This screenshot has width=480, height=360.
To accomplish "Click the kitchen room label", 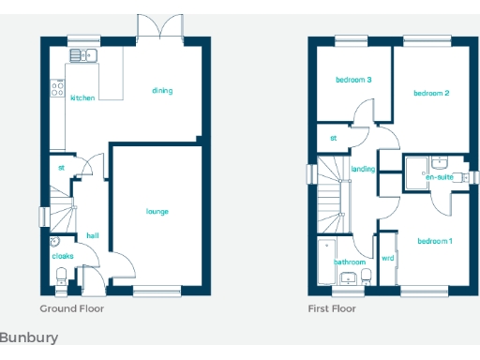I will [82, 97].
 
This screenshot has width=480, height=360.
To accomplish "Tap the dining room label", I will [162, 91].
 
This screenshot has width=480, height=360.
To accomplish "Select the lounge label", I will [157, 212].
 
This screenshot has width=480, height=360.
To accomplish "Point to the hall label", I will [92, 235].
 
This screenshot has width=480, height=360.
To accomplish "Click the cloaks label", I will [63, 255].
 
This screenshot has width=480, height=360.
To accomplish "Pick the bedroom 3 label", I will [354, 81].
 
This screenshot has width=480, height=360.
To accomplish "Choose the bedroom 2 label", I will [432, 93].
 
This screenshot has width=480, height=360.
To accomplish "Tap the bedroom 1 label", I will [435, 242].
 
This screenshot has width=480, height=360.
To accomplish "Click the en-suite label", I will [440, 176].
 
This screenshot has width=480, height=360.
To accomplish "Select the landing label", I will [363, 170].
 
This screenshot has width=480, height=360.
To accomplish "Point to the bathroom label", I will [350, 262].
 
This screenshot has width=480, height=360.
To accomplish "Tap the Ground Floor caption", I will [72, 307].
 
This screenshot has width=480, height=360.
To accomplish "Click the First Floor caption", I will [332, 307].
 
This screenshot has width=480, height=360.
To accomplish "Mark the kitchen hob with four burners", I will [57, 90].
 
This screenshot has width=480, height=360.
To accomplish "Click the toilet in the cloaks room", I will [62, 275].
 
